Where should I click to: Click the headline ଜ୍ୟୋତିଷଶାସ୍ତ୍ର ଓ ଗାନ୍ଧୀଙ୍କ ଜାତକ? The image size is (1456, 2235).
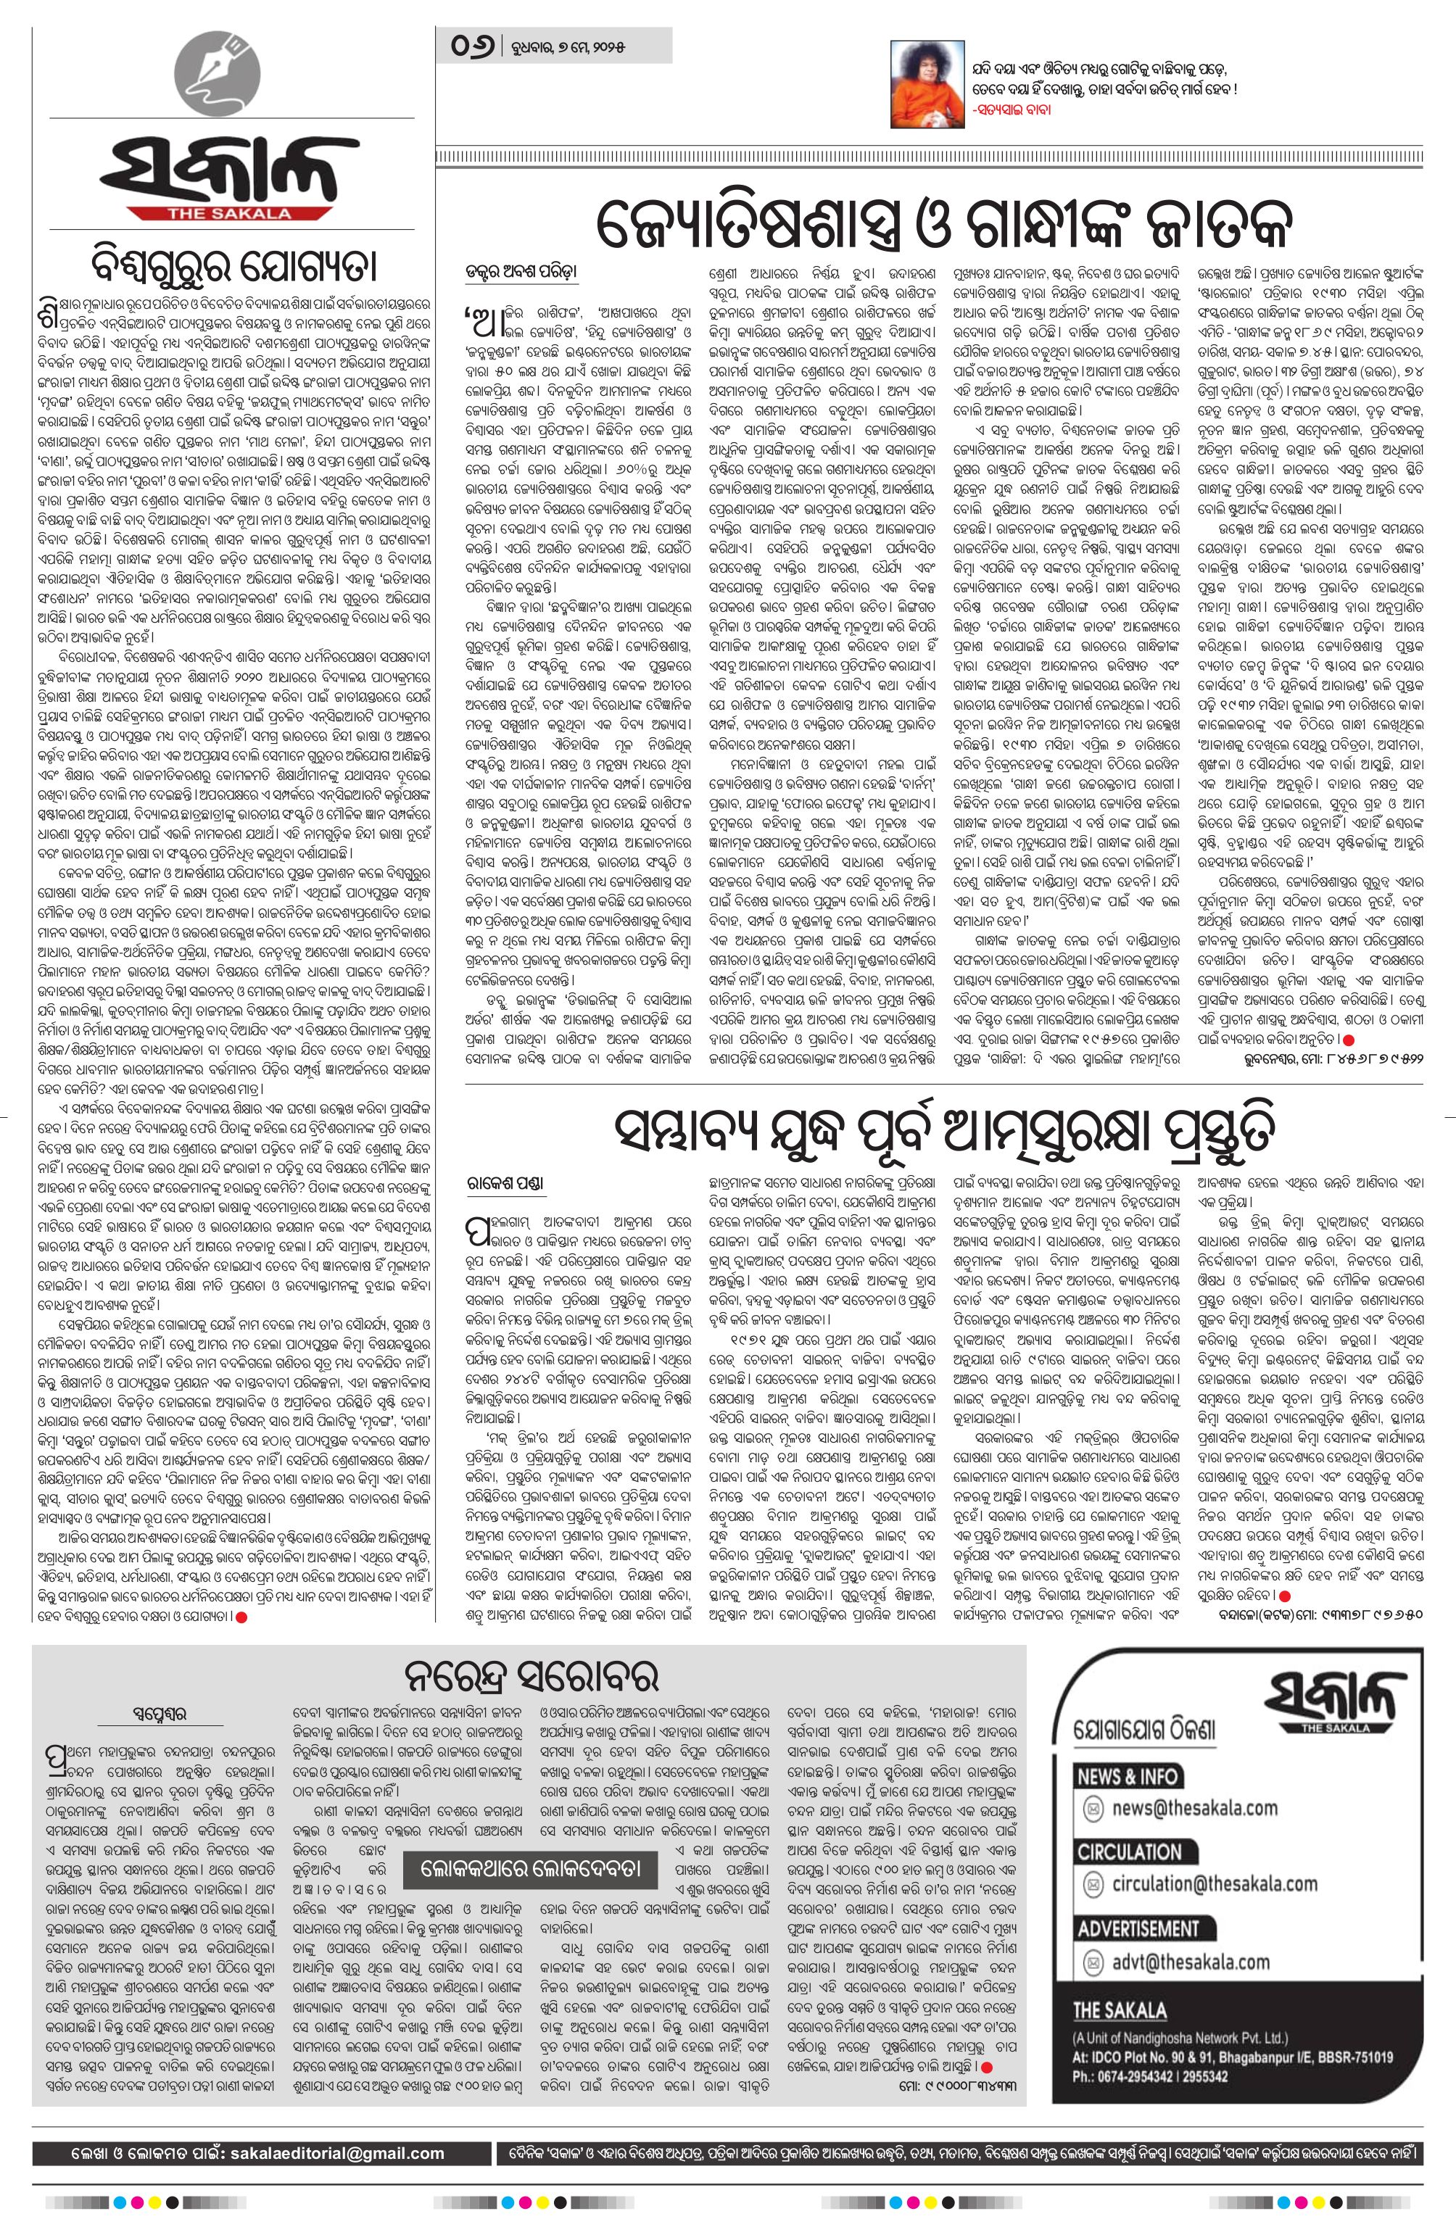(944, 223)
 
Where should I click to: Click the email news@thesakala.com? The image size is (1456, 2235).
(1193, 1808)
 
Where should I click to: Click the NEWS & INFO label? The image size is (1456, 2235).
(1126, 1776)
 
